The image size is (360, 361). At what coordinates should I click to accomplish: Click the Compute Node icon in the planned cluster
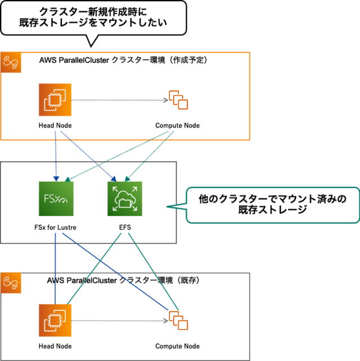178,101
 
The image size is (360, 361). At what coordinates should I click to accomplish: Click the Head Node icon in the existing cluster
55,321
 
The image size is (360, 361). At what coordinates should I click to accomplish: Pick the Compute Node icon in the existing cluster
178,322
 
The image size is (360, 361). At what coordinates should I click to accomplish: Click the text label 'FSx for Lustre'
55,228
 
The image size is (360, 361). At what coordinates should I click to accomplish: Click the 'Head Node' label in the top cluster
55,125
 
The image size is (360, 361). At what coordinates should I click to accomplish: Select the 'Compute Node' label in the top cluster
177,125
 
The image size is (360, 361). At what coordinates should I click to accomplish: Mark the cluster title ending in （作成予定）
124,60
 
